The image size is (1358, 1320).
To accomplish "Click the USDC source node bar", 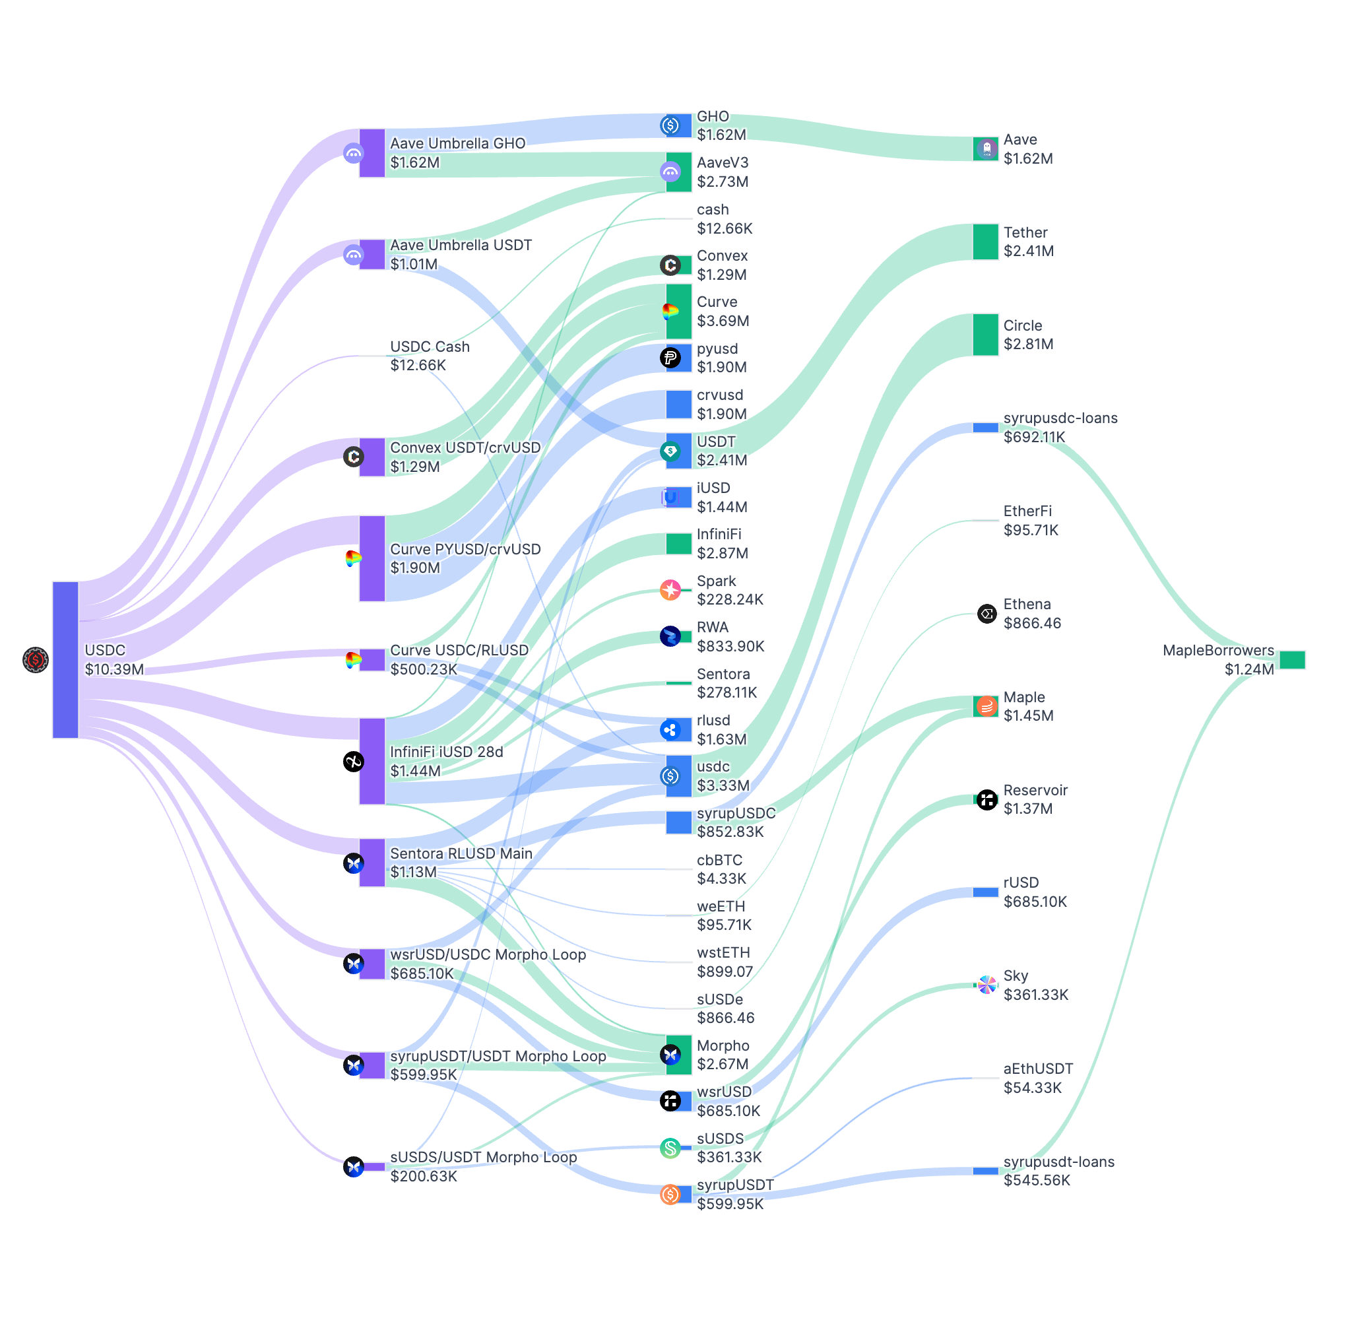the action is [x=65, y=659].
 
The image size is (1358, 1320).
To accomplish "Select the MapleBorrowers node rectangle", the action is [x=1292, y=659].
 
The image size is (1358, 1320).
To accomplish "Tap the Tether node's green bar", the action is [x=985, y=242].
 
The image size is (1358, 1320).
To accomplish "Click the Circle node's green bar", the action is [x=985, y=334].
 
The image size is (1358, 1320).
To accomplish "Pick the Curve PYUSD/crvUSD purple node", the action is [x=372, y=558].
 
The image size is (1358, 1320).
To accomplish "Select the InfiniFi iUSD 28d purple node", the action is [x=372, y=760].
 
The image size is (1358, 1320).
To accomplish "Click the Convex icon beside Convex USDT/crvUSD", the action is [x=354, y=456].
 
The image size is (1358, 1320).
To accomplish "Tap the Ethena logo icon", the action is [x=986, y=614].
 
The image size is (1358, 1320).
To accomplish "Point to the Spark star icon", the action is [x=670, y=590].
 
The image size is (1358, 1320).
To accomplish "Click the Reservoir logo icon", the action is [x=986, y=799].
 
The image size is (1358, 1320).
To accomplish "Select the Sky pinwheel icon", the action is [x=986, y=985].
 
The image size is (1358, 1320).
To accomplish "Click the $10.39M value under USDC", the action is [x=114, y=669].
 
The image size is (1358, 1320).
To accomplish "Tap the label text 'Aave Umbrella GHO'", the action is [x=457, y=143].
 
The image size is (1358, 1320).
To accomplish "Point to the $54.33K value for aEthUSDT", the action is [x=1032, y=1088].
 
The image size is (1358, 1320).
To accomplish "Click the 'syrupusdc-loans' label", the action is [x=1060, y=418].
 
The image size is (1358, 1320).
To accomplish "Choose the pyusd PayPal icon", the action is [x=670, y=358].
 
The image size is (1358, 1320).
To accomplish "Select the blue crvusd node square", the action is [x=678, y=404].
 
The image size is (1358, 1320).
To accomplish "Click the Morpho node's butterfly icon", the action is [x=670, y=1055].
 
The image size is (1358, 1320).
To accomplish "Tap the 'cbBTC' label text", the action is [x=719, y=860].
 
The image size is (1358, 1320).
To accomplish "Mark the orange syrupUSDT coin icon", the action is [x=670, y=1194].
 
